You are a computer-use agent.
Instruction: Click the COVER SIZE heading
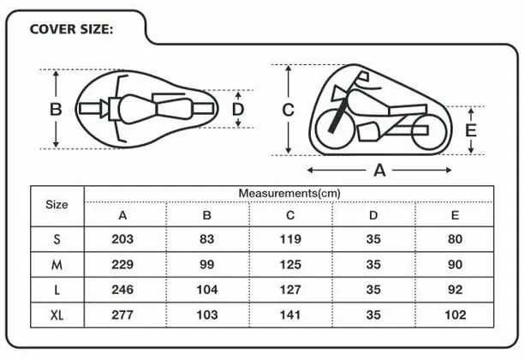point(71,29)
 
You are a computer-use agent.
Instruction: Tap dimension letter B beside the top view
point(56,109)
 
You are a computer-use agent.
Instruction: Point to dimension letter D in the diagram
point(238,109)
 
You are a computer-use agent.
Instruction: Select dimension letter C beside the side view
point(289,110)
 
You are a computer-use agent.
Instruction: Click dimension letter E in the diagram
point(471,130)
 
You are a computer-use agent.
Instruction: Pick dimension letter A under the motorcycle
point(379,171)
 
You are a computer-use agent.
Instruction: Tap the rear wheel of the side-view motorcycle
point(429,132)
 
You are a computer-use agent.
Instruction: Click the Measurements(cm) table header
point(289,194)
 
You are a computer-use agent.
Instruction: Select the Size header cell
point(57,205)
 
